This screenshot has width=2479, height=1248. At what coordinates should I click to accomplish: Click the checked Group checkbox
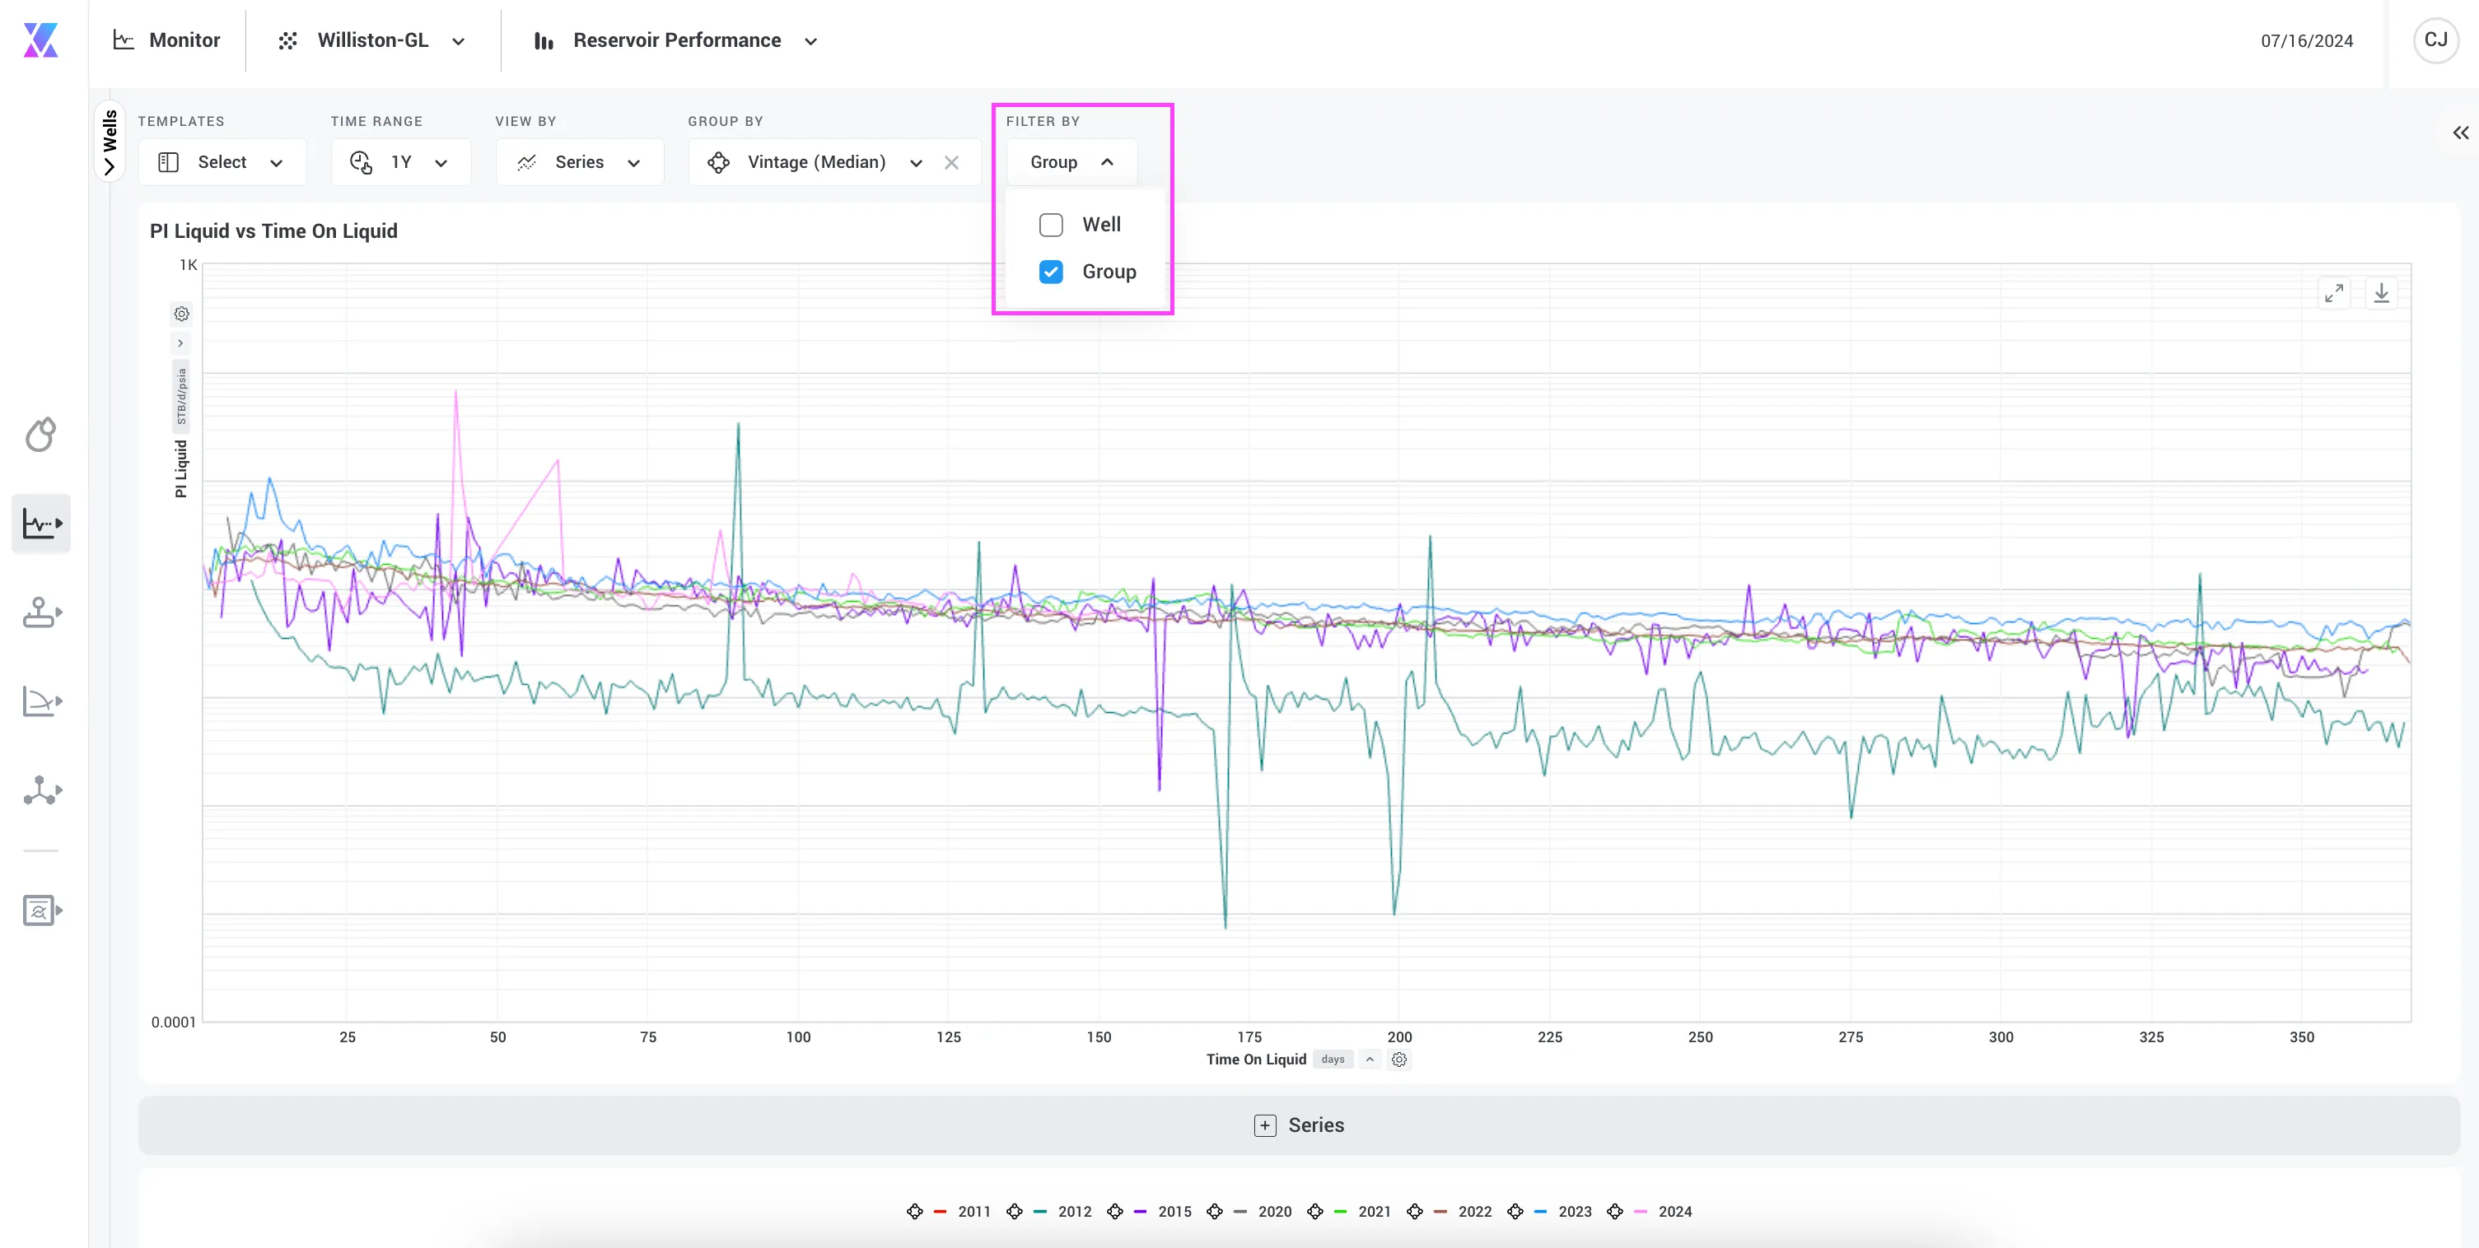(1051, 272)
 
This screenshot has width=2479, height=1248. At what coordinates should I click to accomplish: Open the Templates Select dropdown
(222, 161)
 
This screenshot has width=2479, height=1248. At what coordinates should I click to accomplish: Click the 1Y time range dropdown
(400, 161)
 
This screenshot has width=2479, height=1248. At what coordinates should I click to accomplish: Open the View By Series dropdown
(579, 161)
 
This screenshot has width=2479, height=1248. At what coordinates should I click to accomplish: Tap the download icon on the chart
(2381, 292)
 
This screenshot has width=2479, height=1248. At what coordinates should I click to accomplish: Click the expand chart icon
(2334, 292)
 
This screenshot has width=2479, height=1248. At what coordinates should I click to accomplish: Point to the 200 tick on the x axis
(1399, 1036)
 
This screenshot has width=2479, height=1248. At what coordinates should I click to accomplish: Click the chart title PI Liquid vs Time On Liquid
(273, 231)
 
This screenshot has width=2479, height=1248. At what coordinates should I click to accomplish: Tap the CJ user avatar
(2435, 40)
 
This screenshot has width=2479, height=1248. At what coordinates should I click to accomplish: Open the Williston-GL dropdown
(372, 40)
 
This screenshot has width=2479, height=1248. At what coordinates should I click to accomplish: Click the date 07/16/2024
(2307, 40)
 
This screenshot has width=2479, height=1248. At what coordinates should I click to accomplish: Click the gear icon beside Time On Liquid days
(1399, 1059)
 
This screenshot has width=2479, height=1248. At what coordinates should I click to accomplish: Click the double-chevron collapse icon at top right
(2461, 133)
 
